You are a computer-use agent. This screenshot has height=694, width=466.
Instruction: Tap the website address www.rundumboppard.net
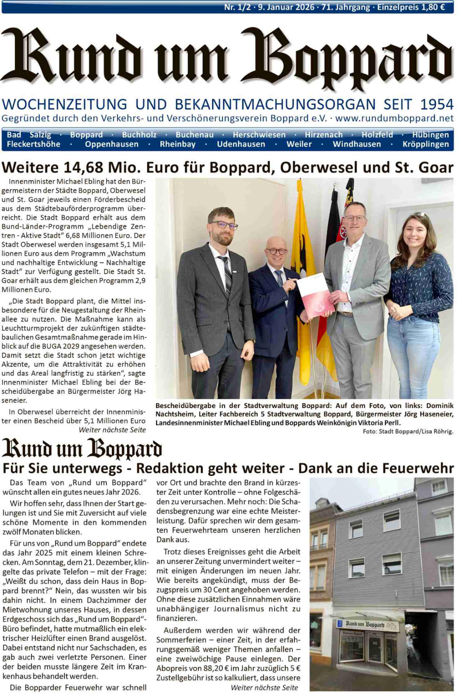pyautogui.click(x=394, y=118)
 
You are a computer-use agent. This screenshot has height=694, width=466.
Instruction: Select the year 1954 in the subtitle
pyautogui.click(x=437, y=105)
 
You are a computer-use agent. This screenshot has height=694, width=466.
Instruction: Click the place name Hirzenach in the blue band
pyautogui.click(x=323, y=135)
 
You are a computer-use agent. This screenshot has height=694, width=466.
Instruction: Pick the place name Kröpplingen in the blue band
pyautogui.click(x=426, y=144)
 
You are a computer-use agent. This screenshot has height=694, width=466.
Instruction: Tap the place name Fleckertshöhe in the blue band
pyautogui.click(x=33, y=144)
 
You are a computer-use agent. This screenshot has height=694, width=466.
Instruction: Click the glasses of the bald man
pyautogui.click(x=276, y=251)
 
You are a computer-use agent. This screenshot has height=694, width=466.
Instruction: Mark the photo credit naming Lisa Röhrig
pyautogui.click(x=408, y=431)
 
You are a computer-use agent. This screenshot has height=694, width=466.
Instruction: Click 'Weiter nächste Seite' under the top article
pyautogui.click(x=112, y=430)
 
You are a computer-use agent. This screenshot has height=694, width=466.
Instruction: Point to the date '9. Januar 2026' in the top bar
pyautogui.click(x=286, y=7)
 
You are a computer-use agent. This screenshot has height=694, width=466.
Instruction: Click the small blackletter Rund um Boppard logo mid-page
pyautogui.click(x=82, y=449)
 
